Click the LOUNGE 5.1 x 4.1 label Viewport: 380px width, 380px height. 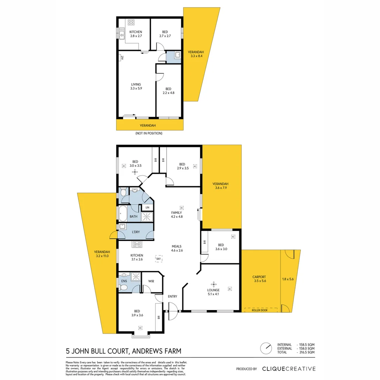coord(213,292)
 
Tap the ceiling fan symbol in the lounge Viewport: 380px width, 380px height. coord(213,284)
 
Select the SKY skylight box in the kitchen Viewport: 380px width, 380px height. coord(159,258)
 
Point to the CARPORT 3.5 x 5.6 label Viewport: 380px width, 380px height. coord(259,279)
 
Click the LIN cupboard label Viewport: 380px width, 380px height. coord(147,208)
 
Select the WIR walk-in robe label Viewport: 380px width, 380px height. coord(151,281)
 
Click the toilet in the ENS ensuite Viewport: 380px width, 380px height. coord(123,288)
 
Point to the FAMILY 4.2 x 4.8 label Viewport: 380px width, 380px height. coord(177,215)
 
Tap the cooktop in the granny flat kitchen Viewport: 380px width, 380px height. coord(131,22)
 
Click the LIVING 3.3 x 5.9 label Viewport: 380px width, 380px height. coord(136,87)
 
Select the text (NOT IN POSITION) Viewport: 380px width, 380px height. coord(149,133)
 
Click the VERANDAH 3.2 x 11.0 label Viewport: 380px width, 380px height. coord(103,254)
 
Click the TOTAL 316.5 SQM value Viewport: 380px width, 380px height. coord(306,352)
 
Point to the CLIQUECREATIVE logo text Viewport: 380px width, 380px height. coord(289,369)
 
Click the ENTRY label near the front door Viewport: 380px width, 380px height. coord(172,297)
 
